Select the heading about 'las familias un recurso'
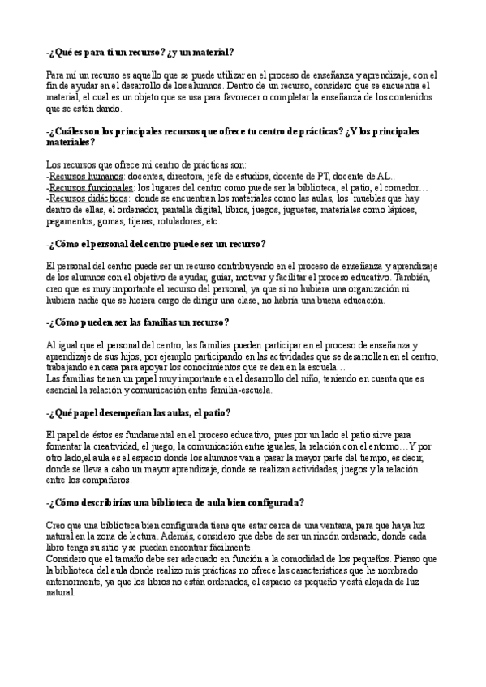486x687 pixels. [138, 322]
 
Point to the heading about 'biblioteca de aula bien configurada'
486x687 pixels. [175, 502]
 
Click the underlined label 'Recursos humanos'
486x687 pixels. [86, 176]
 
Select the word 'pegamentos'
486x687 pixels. [71, 220]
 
